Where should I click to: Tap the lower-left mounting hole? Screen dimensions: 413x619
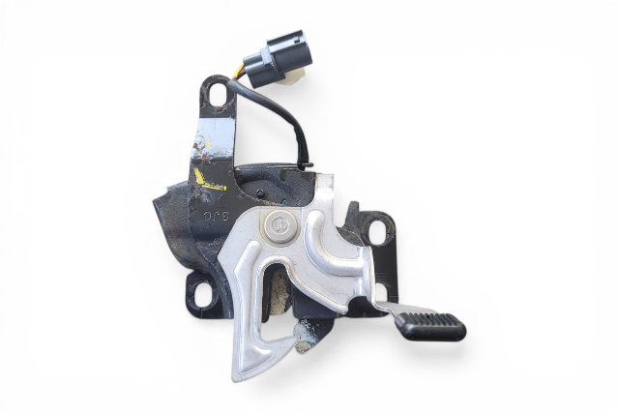click(202, 291)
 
